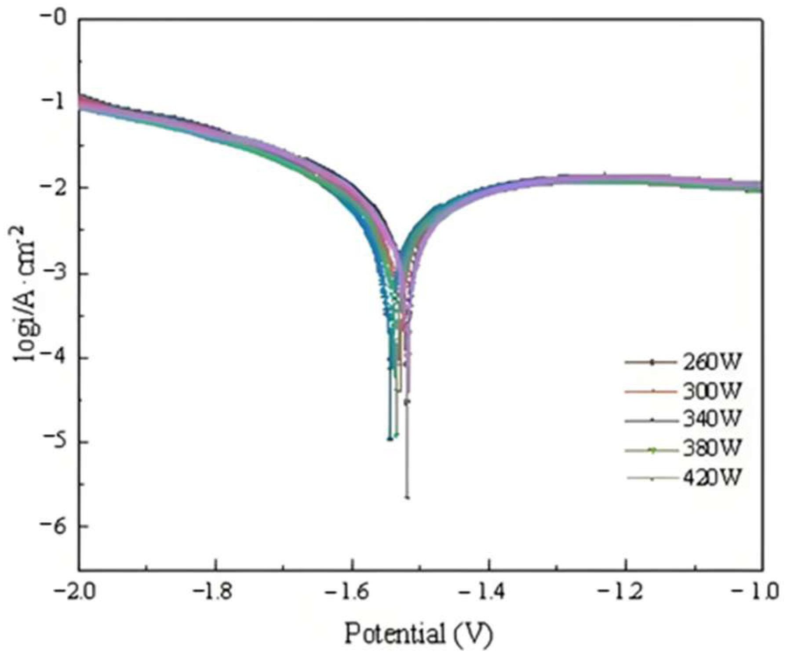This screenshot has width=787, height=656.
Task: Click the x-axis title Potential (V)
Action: pyautogui.click(x=418, y=634)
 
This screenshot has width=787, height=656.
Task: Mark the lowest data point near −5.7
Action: pyautogui.click(x=407, y=498)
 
